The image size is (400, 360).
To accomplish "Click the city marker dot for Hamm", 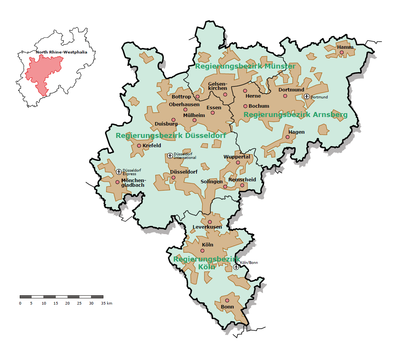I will [x=342, y=52].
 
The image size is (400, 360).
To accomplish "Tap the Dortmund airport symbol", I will [x=307, y=96].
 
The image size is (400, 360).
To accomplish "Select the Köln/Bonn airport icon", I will [x=236, y=267].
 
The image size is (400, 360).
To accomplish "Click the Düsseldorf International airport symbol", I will [x=170, y=155].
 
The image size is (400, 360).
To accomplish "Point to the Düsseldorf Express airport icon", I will [x=119, y=172].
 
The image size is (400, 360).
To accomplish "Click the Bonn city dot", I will [x=227, y=300].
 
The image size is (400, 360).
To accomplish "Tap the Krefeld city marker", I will [x=139, y=146].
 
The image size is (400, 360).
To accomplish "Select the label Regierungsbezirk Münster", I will [x=245, y=66].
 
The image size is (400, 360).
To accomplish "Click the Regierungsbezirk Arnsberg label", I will [x=295, y=115].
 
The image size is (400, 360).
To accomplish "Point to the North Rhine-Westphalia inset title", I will [x=62, y=52].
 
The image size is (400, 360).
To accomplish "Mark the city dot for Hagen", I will [x=287, y=137].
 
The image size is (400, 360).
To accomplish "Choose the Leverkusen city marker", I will [x=210, y=222].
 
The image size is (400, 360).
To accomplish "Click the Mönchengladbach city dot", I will [x=117, y=182].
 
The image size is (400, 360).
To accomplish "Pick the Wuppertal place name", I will [x=237, y=157].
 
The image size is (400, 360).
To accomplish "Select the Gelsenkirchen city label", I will [x=217, y=86].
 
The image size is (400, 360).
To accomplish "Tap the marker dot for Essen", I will [x=213, y=113].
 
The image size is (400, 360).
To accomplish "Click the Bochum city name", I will [x=259, y=106].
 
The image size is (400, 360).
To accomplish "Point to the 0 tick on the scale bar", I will [x=20, y=303].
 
